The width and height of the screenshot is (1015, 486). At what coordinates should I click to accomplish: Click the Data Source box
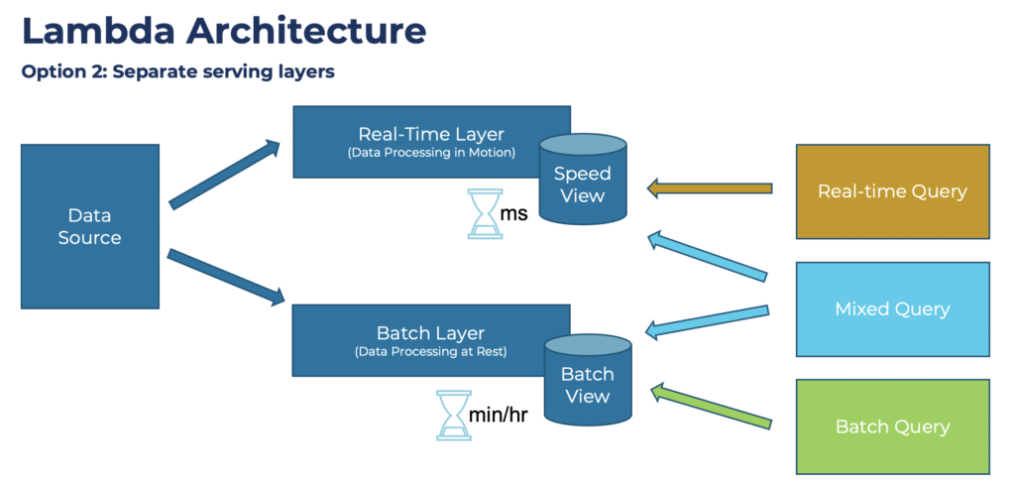point(89,226)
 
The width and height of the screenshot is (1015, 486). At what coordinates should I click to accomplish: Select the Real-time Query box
point(892,191)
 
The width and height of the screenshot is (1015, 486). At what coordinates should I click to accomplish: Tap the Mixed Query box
point(892,308)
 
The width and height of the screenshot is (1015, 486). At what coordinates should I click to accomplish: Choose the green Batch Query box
point(892,426)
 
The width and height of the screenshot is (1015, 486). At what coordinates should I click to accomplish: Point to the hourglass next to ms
point(485,214)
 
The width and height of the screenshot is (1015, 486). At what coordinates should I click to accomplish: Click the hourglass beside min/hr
point(454,415)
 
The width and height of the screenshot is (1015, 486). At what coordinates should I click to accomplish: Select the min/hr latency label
point(499,415)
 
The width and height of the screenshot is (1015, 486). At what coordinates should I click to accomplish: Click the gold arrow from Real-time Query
point(709,187)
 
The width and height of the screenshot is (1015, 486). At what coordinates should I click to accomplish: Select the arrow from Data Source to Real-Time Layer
point(225,175)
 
